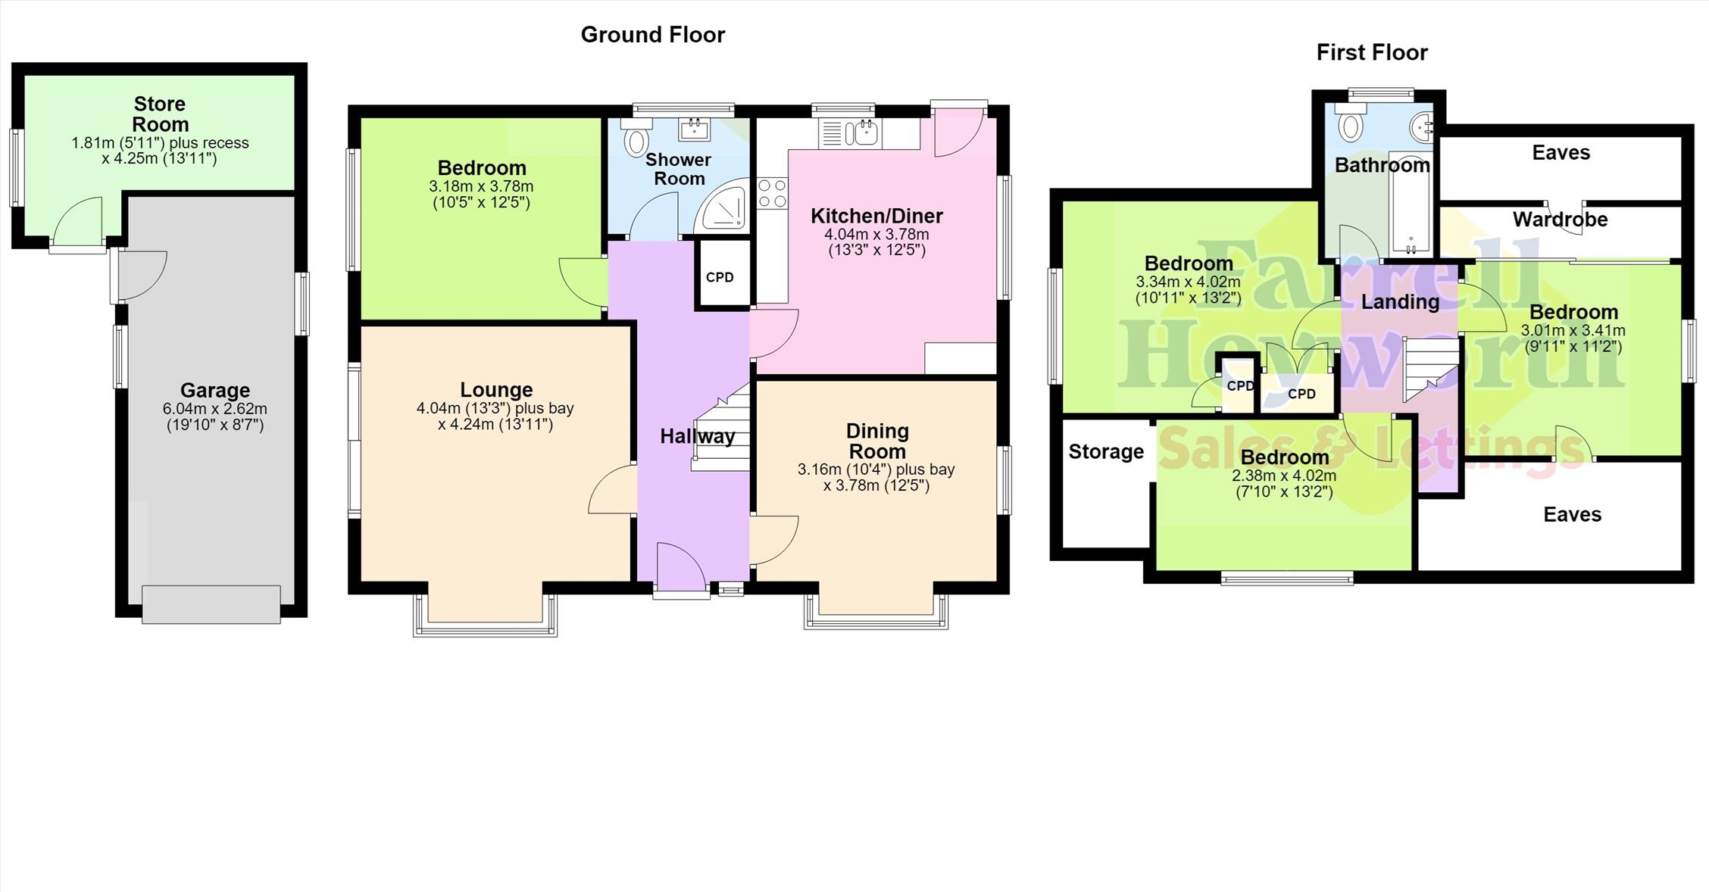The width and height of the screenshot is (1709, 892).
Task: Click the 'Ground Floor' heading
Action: pos(653,35)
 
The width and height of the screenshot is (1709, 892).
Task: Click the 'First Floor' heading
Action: pos(1372,52)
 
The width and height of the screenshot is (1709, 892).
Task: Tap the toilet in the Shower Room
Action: pos(637,136)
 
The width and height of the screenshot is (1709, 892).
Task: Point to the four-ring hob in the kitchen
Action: pos(772,192)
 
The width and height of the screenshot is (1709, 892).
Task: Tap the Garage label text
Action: pos(215,391)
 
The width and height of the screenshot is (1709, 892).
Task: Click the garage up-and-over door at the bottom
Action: pos(211,604)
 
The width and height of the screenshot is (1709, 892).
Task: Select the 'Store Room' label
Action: pos(160,114)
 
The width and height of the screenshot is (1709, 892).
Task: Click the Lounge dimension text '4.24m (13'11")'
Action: pos(495,425)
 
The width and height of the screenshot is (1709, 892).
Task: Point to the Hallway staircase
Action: pos(721,428)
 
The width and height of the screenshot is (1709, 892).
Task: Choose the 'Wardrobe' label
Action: pos(1560,220)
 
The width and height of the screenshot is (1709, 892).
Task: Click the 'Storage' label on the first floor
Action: pos(1106,452)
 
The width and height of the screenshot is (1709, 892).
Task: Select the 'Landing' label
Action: pos(1400,302)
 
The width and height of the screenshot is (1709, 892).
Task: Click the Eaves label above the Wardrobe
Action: pos(1561,153)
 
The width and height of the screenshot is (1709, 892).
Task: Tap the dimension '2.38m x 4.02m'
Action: pos(1284,476)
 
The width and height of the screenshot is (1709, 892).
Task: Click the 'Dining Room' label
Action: pos(877,441)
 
